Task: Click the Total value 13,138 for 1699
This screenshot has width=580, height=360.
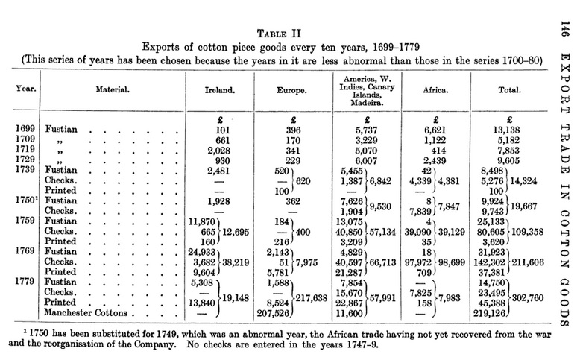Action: pyautogui.click(x=509, y=129)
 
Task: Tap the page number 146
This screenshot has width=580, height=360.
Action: pyautogui.click(x=564, y=31)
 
